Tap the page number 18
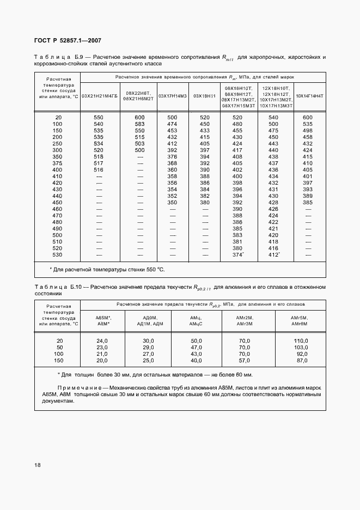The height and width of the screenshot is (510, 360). coord(38,465)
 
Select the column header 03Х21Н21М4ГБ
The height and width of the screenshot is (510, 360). coord(99,96)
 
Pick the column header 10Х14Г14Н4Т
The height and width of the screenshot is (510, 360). coord(309,96)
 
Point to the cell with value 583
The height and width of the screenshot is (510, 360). coord(139,124)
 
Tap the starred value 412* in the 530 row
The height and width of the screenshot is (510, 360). coord(274,255)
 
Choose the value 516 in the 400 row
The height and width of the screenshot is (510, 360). coord(99,170)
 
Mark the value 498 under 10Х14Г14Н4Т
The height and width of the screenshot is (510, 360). coord(308,131)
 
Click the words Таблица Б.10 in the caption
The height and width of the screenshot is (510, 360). coord(57,286)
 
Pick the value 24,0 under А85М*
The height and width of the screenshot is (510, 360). coord(102,341)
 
